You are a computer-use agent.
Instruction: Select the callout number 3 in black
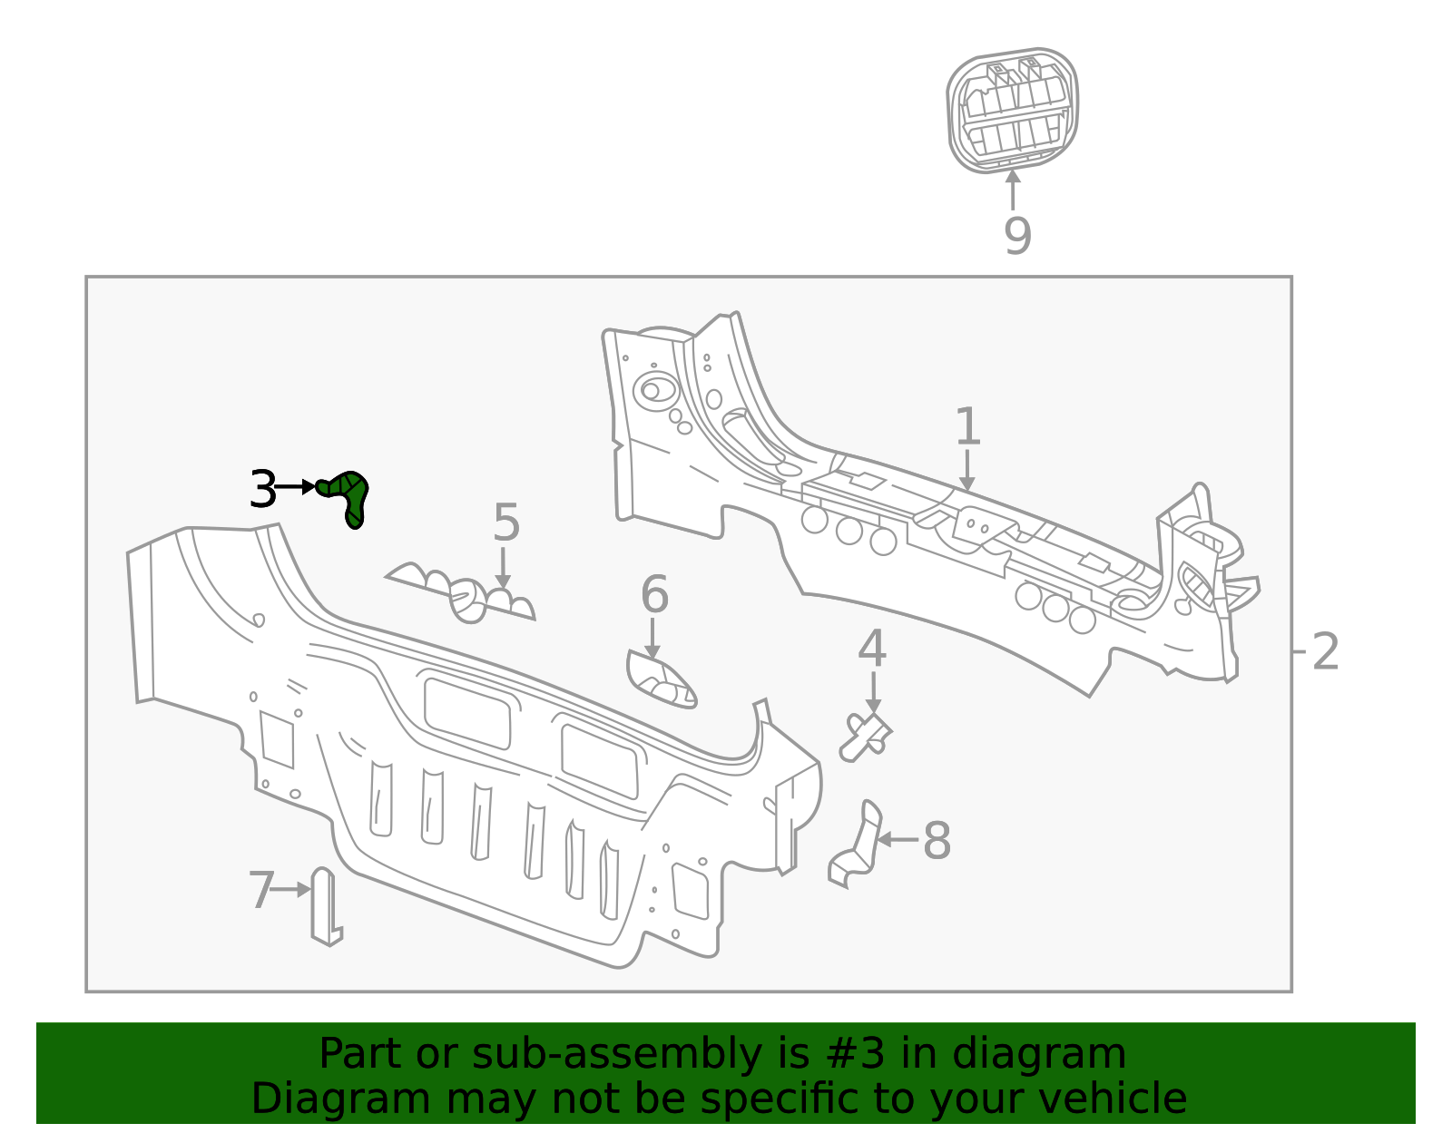[x=262, y=490]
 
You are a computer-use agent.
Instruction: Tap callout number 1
[x=967, y=427]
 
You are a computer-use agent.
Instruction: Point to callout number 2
[x=1325, y=651]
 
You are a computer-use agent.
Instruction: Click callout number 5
[x=506, y=523]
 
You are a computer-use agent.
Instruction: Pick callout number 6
[x=654, y=595]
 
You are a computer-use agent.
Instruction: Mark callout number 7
[x=261, y=890]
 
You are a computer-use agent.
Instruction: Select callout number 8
[x=937, y=841]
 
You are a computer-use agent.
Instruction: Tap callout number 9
[x=1017, y=236]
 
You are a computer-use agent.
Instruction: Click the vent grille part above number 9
[x=1013, y=111]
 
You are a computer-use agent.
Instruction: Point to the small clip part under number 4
[x=866, y=734]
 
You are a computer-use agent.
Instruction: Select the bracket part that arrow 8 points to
[x=856, y=845]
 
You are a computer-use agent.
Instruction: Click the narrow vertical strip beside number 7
[x=324, y=906]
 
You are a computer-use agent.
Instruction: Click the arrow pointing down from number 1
[x=967, y=472]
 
